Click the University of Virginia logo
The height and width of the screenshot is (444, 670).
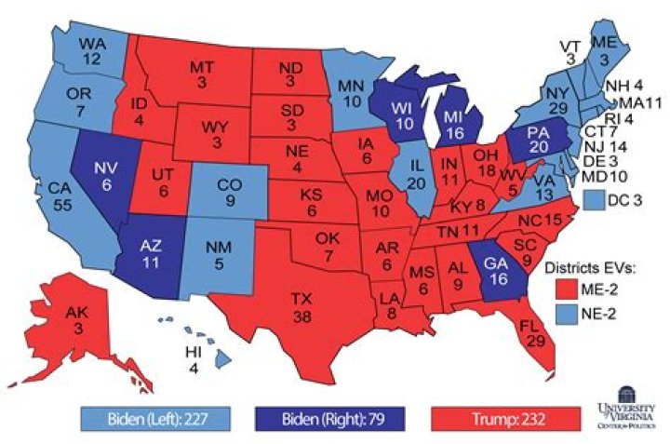click(623, 414)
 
